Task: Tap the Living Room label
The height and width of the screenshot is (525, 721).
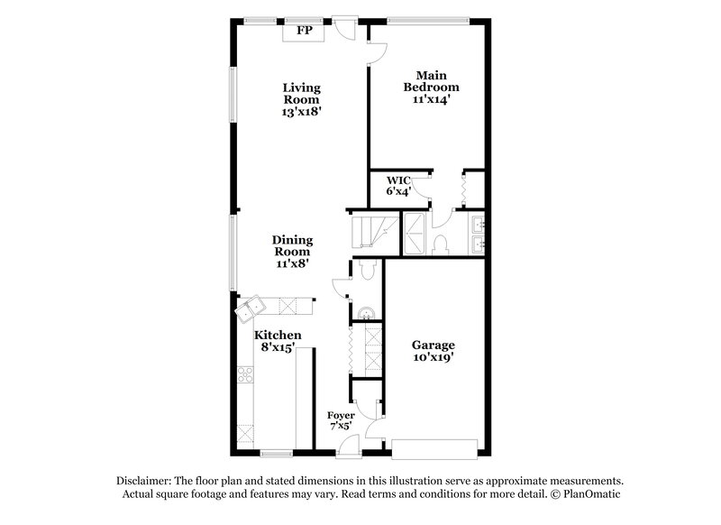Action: pos(302,94)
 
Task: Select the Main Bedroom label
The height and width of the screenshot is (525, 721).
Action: pos(437,81)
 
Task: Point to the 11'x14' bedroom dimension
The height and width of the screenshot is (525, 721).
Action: pos(437,100)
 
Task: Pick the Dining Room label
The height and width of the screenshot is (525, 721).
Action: pos(293,246)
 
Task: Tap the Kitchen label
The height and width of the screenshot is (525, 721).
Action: pos(276,335)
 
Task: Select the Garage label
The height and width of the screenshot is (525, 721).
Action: pos(434,345)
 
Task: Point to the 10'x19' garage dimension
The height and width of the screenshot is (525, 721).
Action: pos(434,357)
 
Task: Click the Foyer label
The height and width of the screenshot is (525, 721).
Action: pos(342,416)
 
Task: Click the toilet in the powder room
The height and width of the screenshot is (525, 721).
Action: pos(367,272)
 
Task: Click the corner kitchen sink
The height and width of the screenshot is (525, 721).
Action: pos(248,309)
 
